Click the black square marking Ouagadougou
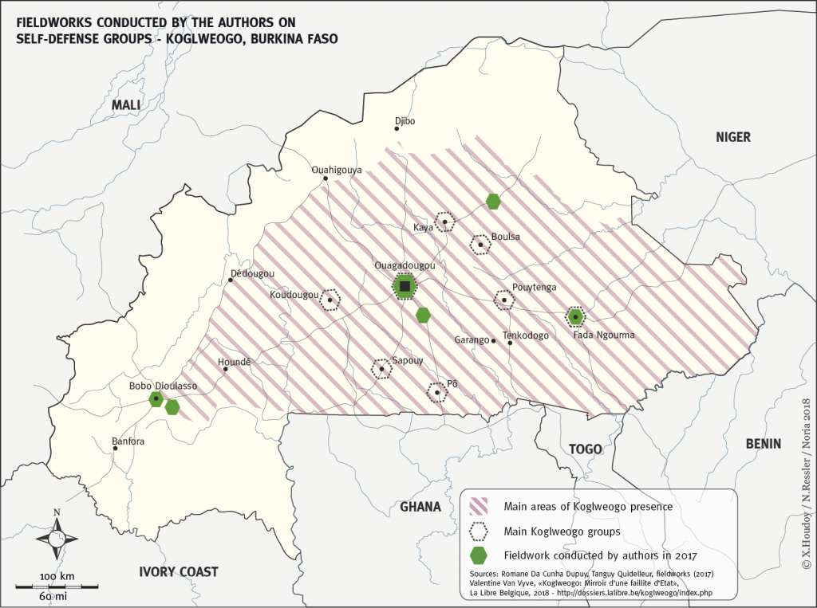coord(405,287)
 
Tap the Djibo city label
coord(405,121)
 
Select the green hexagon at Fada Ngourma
coord(575,317)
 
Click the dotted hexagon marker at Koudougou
coord(330,300)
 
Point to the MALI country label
coord(125,105)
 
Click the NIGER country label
coord(732,137)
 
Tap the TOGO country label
coord(585,449)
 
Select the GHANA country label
coord(420,507)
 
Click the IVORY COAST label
coord(178,571)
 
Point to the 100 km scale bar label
coord(57,575)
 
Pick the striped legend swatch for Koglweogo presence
coord(480,506)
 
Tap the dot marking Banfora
coord(116,449)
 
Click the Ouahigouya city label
coord(336,170)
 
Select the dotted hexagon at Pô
coord(436,392)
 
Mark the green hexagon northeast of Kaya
coord(494,201)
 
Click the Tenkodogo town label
coord(526,335)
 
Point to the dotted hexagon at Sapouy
coord(382,368)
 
